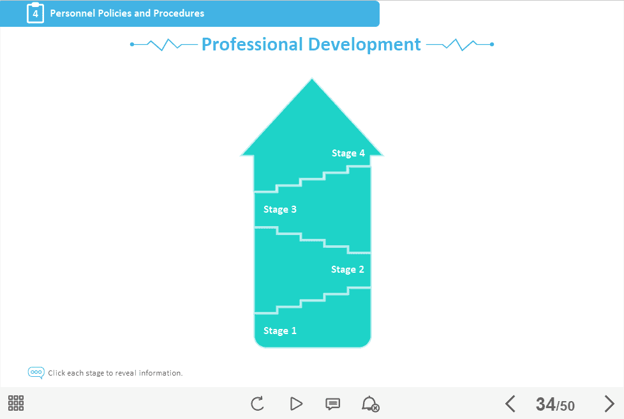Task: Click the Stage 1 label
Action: pos(279,331)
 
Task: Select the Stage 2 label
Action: pos(348,270)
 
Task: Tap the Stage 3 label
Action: pos(279,209)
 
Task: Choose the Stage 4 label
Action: pos(348,153)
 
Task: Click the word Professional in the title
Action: pos(252,44)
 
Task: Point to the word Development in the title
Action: pos(364,45)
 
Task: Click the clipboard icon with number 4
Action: pos(36,13)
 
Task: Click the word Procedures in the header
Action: pos(179,13)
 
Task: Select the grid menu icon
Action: pos(16,403)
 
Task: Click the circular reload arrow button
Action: pos(258,404)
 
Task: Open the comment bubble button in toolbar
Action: pos(332,404)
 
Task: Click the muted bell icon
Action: pos(371,404)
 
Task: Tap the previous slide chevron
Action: pos(510,404)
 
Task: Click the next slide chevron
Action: pos(609,404)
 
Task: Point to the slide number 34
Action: pos(546,404)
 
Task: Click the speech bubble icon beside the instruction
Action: pos(36,373)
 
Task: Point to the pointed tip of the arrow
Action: pos(312,79)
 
